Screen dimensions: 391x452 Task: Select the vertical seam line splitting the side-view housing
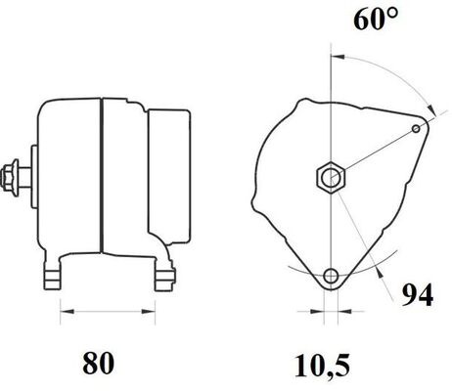point(101,181)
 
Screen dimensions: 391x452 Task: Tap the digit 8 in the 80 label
point(90,363)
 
